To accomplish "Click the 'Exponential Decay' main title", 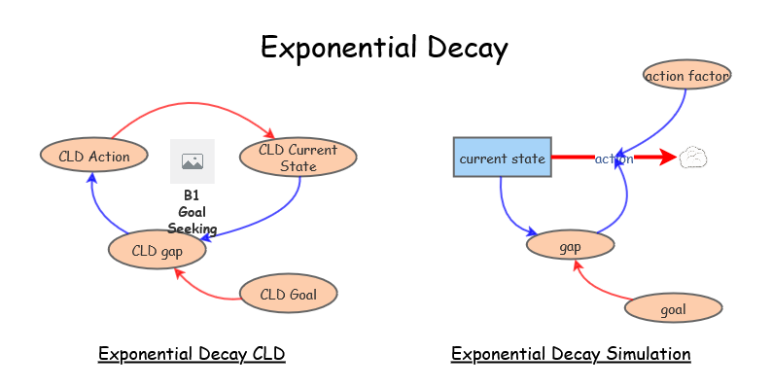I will (x=385, y=48).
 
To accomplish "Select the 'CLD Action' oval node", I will (x=94, y=155).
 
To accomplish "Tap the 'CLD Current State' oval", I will (x=298, y=158).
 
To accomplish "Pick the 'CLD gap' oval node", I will (x=157, y=250).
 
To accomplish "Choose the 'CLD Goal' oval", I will (x=289, y=294).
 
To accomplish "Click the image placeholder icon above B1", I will (x=193, y=161).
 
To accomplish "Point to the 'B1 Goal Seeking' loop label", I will (x=193, y=211).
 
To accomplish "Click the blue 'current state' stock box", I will (x=502, y=158).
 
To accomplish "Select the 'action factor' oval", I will (x=686, y=75).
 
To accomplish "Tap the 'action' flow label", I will (x=614, y=159).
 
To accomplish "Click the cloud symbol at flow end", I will (x=692, y=158).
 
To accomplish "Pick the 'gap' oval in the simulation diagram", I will (x=570, y=246).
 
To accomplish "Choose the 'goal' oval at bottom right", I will (x=673, y=309).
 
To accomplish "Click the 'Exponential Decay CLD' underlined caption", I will (x=192, y=354).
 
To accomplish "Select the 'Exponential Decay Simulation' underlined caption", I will (x=571, y=354).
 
